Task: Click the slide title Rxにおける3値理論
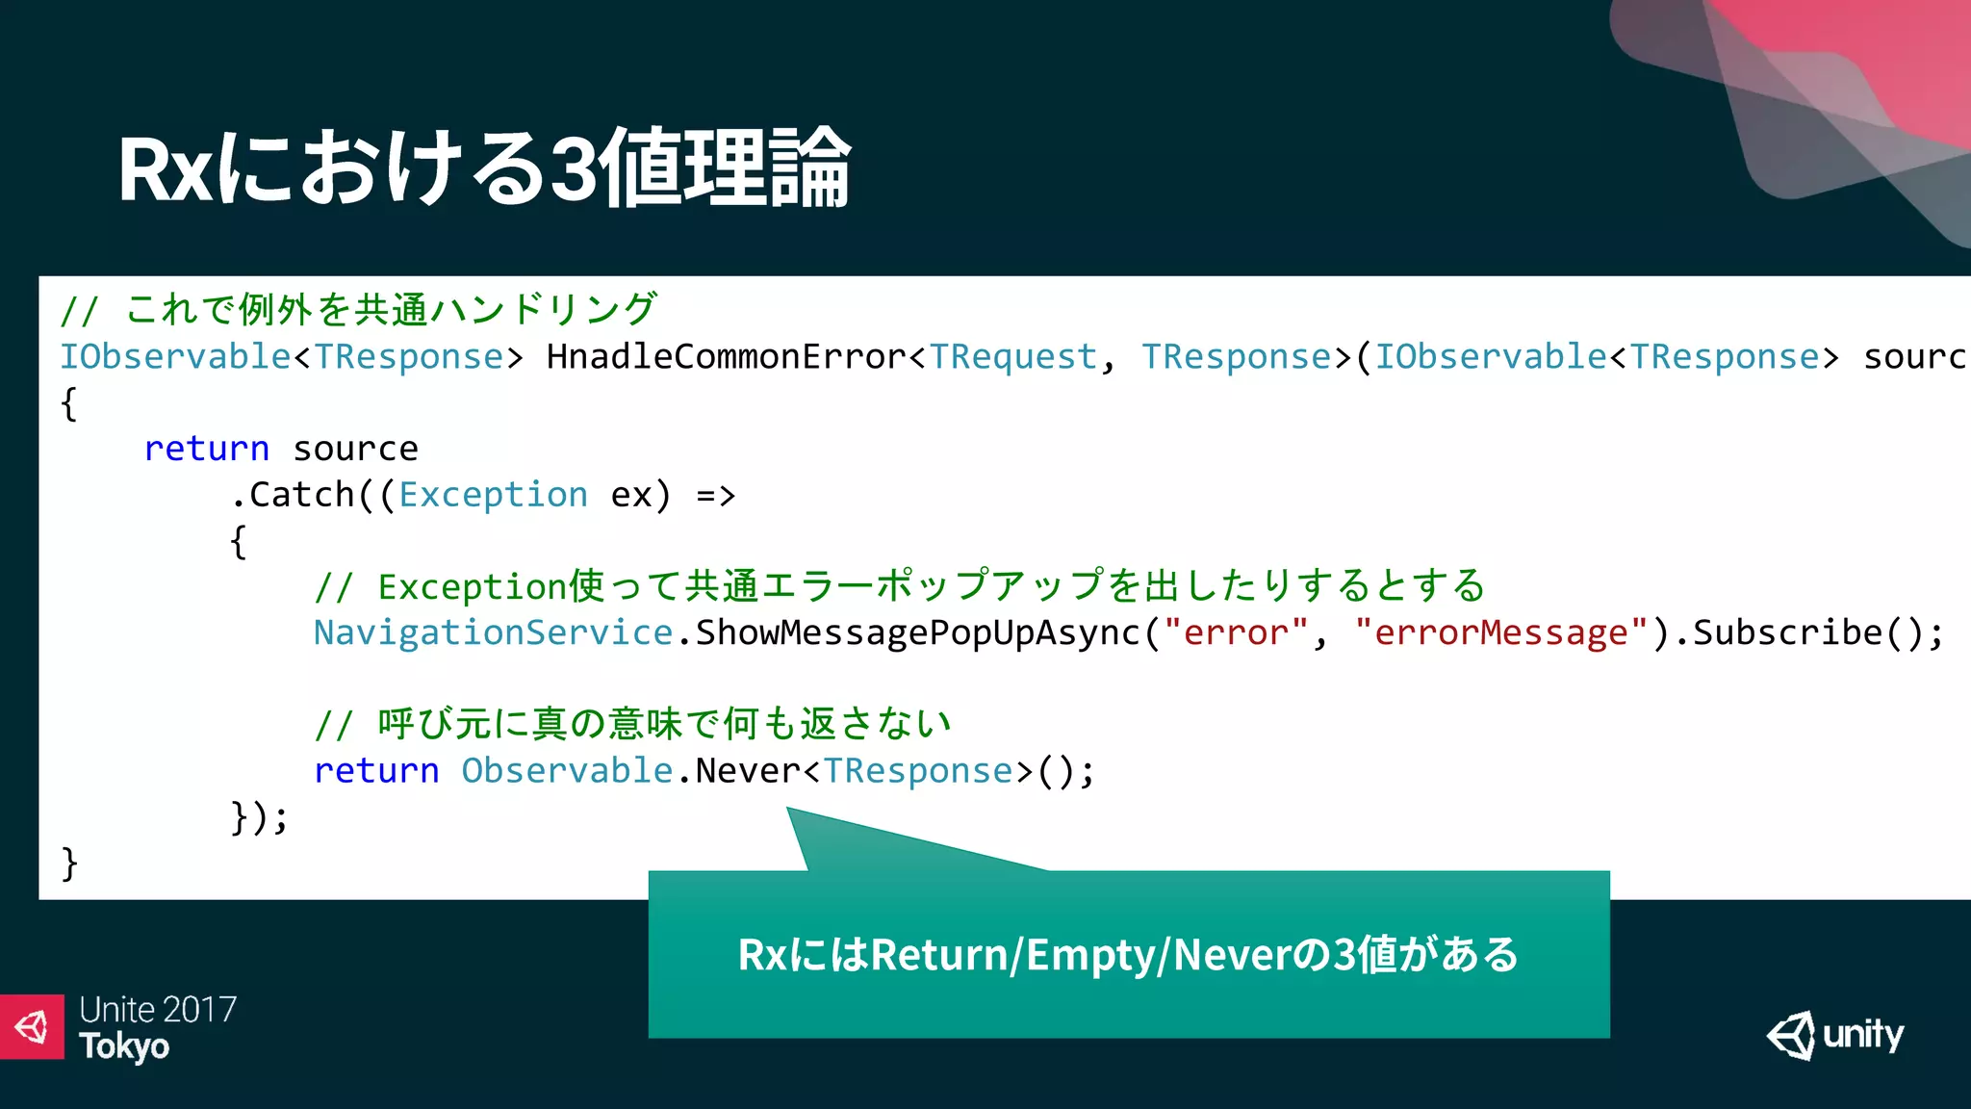pos(484,168)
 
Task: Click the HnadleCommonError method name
pos(726,357)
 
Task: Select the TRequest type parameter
pos(1012,357)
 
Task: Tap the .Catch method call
pos(294,495)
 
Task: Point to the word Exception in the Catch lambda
pos(493,495)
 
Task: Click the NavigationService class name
pos(493,632)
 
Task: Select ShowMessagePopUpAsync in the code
pos(917,632)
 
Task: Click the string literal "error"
pos(1236,632)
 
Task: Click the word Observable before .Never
pos(567,771)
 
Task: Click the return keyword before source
pos(206,449)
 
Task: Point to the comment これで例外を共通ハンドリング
pos(390,310)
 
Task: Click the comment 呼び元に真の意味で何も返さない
pos(664,724)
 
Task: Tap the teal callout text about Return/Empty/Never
pos(1128,955)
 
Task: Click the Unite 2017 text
pos(158,1009)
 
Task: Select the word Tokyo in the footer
pos(124,1046)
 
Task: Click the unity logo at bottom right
pos(1835,1036)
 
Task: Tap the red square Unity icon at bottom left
pos(32,1027)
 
